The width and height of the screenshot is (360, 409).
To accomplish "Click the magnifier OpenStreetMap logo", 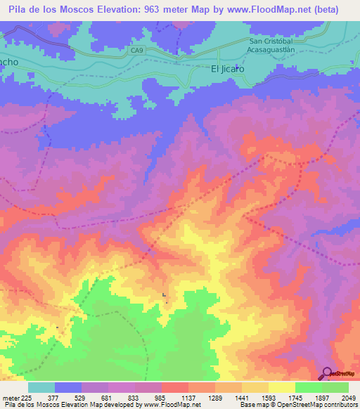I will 328,375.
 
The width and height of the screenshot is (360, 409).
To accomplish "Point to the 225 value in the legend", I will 25,397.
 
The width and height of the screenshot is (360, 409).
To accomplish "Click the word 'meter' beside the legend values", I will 8,397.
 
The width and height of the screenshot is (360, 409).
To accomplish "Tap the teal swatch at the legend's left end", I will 41,387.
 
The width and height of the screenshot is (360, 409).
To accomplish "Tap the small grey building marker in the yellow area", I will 164,295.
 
